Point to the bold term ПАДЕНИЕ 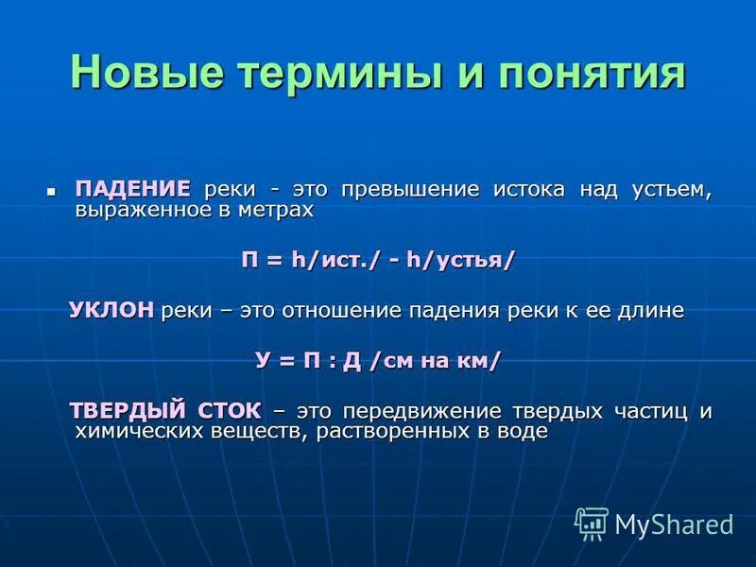[133, 188]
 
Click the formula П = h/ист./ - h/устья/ [378, 260]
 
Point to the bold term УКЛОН [112, 310]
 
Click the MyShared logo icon [591, 522]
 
